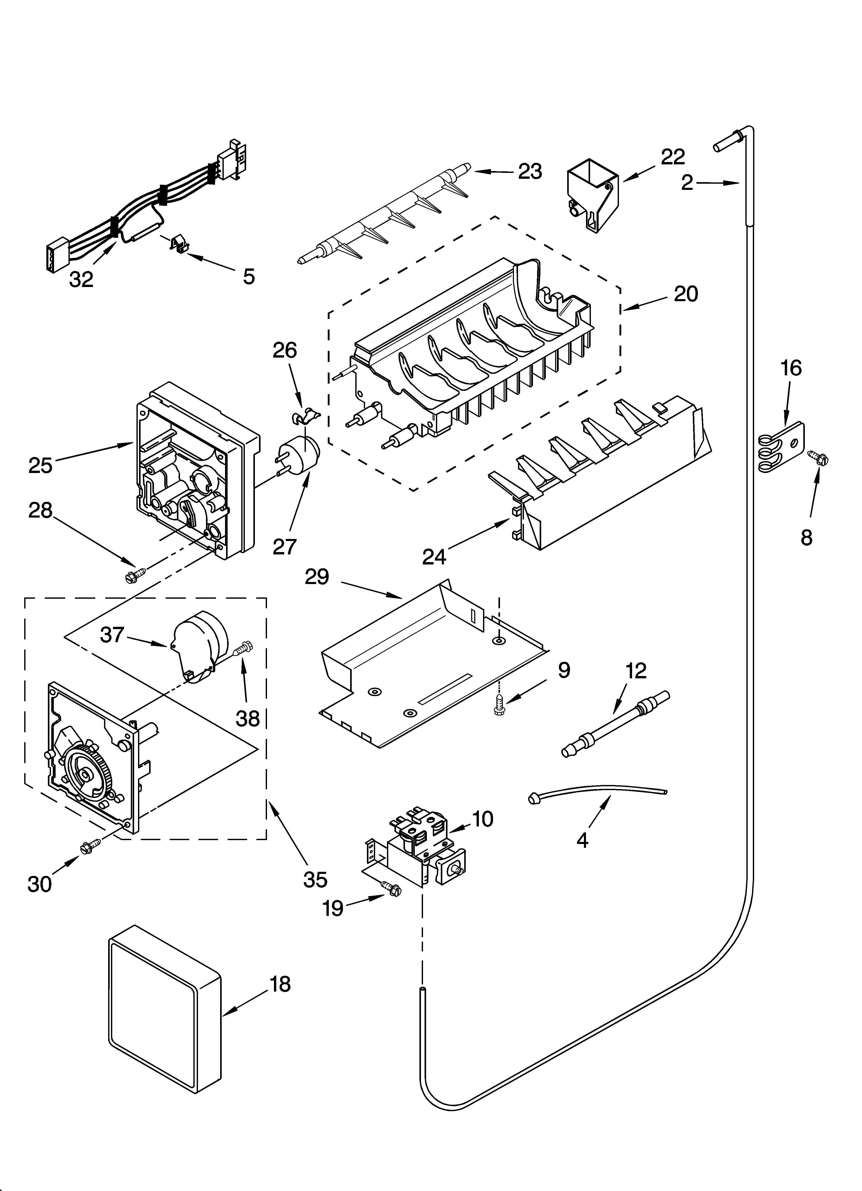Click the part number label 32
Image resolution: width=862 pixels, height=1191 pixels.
coord(81,279)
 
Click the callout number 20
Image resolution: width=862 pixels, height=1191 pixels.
coord(686,294)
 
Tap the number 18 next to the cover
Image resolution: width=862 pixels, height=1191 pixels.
coord(281,984)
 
